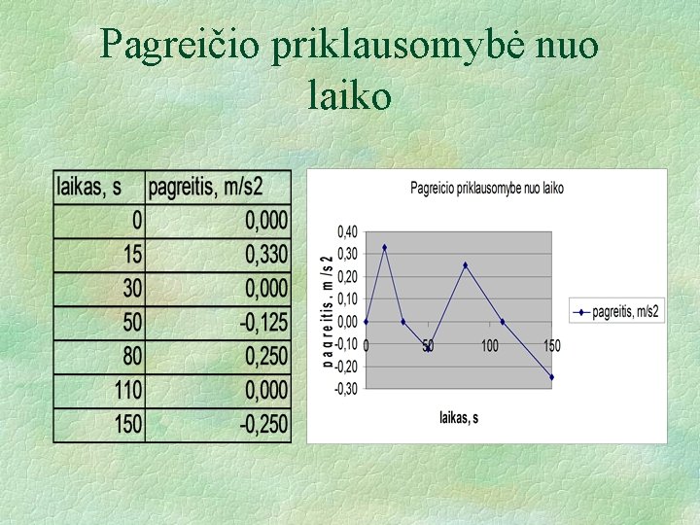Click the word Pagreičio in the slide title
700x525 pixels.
pos(182,45)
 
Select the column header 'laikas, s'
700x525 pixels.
pos(98,187)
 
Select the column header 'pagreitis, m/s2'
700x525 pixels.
pos(219,187)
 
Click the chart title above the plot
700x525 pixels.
pos(486,188)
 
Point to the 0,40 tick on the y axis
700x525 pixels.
pos(347,231)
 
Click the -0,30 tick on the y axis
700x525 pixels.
pos(346,389)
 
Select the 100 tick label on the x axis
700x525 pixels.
pos(490,345)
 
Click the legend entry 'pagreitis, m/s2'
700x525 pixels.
pos(617,312)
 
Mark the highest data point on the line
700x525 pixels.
pos(384,247)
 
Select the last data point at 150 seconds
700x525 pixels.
pos(551,377)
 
